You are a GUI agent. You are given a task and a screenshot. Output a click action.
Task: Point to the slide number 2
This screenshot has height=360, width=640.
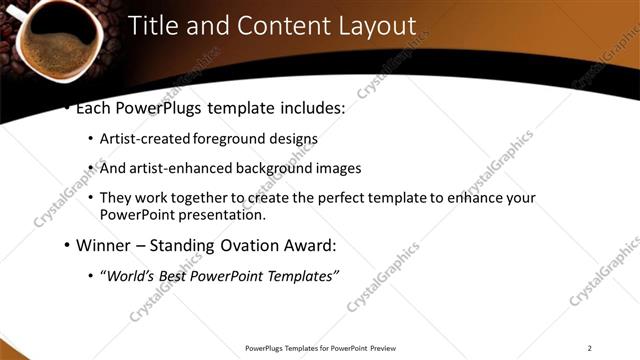point(590,348)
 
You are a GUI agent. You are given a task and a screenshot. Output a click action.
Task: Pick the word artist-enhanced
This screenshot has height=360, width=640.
point(183,169)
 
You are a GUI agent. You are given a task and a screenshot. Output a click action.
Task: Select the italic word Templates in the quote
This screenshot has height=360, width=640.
point(299,275)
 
